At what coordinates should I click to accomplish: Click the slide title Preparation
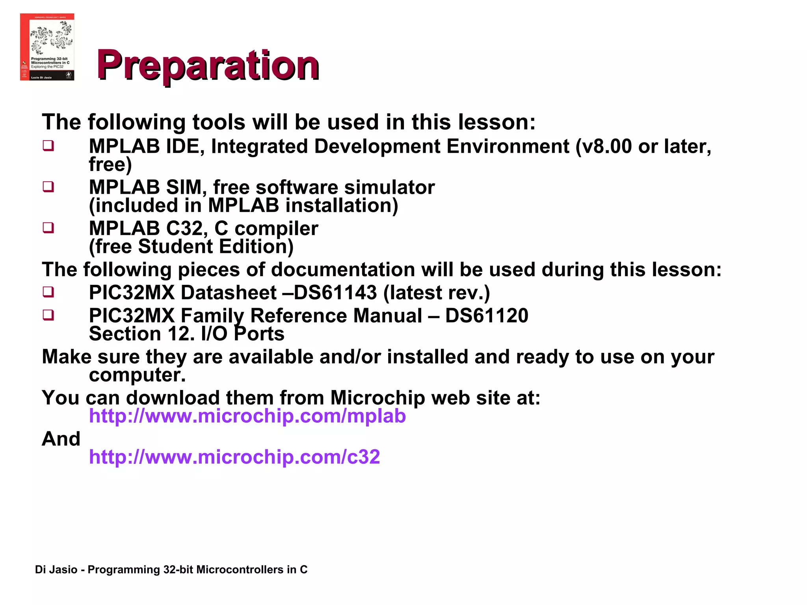click(x=208, y=65)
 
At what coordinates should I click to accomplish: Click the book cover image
click(x=47, y=47)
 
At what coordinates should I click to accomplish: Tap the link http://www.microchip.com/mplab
click(x=247, y=416)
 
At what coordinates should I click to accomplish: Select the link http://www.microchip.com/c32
click(x=234, y=457)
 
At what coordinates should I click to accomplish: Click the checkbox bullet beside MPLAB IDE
click(x=48, y=146)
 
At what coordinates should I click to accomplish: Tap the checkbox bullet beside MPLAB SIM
click(x=48, y=186)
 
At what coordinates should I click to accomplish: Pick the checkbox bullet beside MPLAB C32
click(x=48, y=228)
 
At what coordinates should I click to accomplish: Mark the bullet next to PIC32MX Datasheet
click(x=48, y=292)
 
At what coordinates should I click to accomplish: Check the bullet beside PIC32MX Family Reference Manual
click(x=48, y=315)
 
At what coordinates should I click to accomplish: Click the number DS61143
click(x=335, y=293)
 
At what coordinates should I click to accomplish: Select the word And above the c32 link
click(x=61, y=439)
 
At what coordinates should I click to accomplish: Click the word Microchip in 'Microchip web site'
click(x=377, y=398)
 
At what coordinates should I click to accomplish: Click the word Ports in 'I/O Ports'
click(x=259, y=334)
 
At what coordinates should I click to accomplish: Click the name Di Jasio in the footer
click(x=56, y=570)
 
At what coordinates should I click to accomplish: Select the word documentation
click(x=342, y=270)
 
